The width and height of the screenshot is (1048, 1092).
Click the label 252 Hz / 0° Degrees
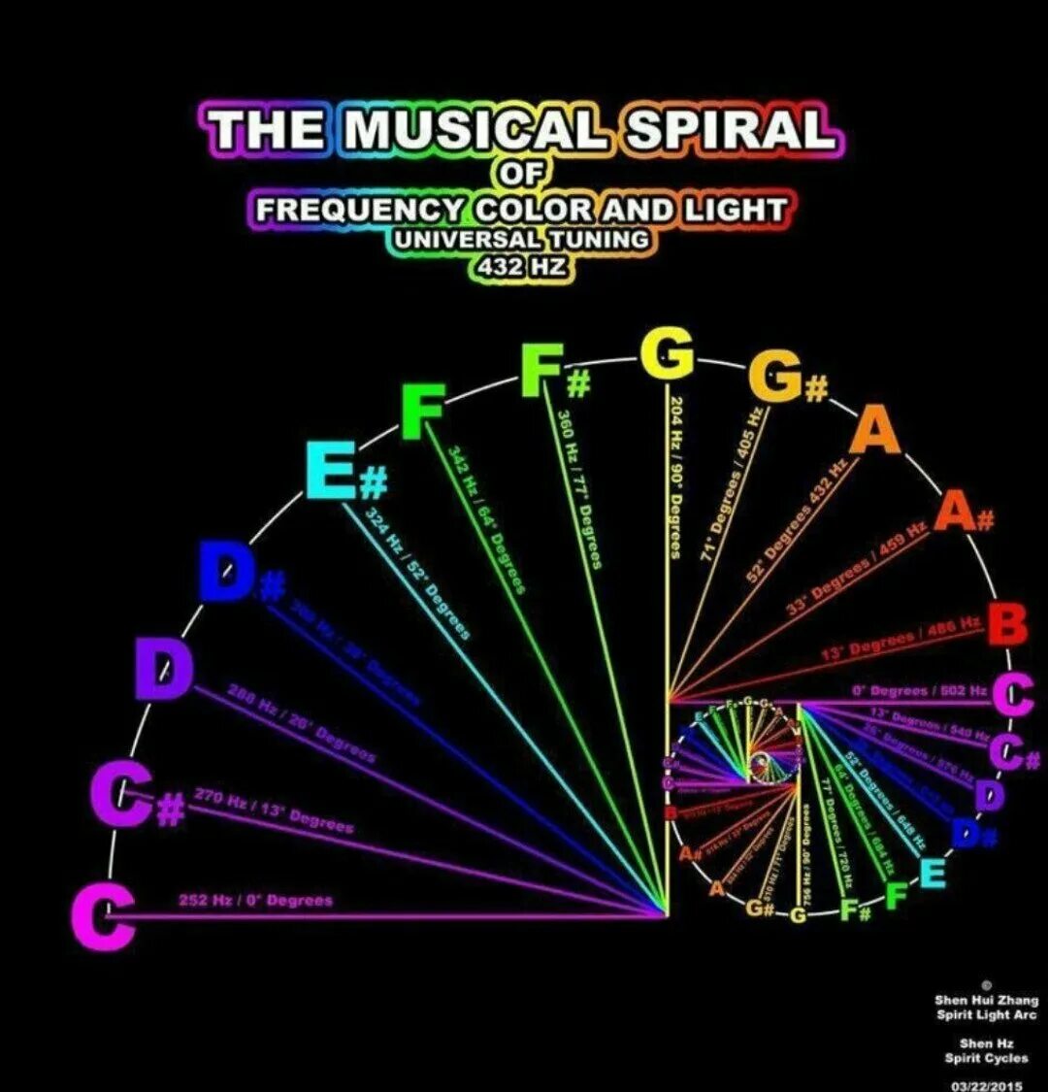[x=255, y=900]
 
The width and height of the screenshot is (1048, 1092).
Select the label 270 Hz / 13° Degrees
[x=274, y=811]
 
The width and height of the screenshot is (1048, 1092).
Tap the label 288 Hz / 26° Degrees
[x=302, y=722]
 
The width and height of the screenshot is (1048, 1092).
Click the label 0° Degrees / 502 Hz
[x=918, y=690]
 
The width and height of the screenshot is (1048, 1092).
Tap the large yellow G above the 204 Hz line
[x=668, y=354]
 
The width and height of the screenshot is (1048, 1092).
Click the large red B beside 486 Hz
[x=1007, y=624]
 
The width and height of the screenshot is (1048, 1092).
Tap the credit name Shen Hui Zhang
[x=986, y=1000]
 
